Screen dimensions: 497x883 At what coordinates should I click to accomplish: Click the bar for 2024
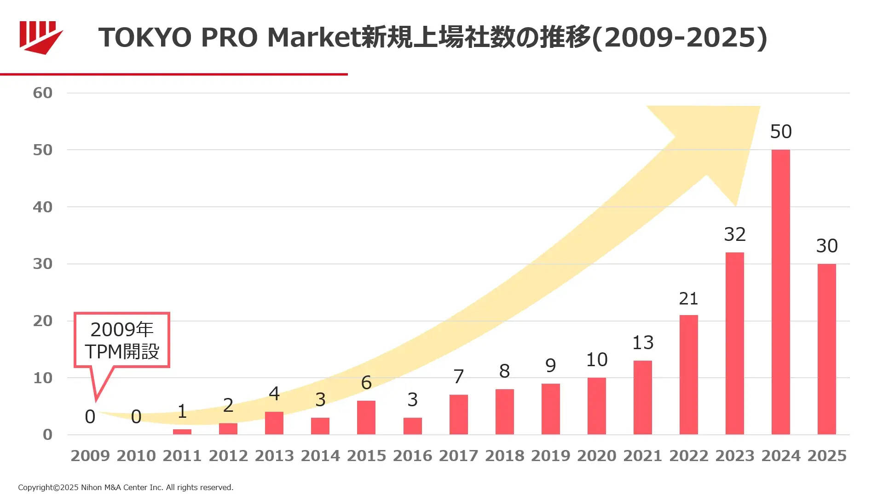780,292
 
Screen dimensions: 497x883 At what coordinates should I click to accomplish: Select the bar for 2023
734,343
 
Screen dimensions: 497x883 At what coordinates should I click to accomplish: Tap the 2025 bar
826,349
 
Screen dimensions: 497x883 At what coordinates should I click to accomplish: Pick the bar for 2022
688,374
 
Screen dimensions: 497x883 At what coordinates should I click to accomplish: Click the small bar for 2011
182,432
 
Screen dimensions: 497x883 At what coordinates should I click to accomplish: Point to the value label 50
781,132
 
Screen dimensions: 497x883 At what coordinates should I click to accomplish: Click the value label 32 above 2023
734,234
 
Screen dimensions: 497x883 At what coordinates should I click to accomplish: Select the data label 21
688,299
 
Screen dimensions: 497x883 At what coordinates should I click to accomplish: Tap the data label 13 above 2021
643,343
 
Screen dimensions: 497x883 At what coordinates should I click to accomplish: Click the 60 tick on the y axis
43,93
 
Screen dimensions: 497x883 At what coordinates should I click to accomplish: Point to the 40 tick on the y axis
43,207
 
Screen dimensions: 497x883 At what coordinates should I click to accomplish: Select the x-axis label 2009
90,456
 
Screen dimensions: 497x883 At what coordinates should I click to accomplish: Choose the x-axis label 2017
458,456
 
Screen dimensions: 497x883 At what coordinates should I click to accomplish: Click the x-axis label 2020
596,456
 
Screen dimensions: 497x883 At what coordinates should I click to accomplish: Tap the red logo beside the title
40,37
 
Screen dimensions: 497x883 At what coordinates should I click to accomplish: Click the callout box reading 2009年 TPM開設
122,340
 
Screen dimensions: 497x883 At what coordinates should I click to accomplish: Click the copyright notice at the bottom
126,487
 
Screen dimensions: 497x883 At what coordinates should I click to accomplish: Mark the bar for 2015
366,417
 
